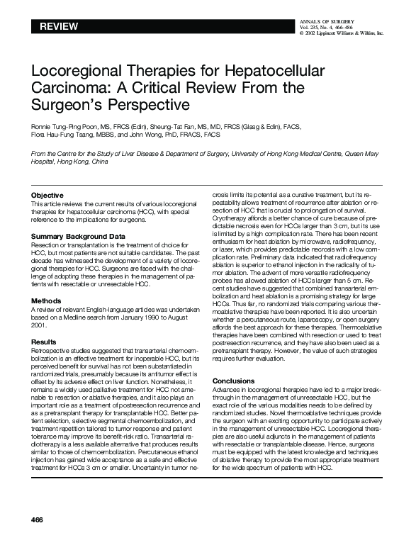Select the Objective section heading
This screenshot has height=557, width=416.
tap(47, 195)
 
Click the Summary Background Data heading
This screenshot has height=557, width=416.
tap(78, 235)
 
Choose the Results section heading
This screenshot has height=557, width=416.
tap(44, 342)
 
